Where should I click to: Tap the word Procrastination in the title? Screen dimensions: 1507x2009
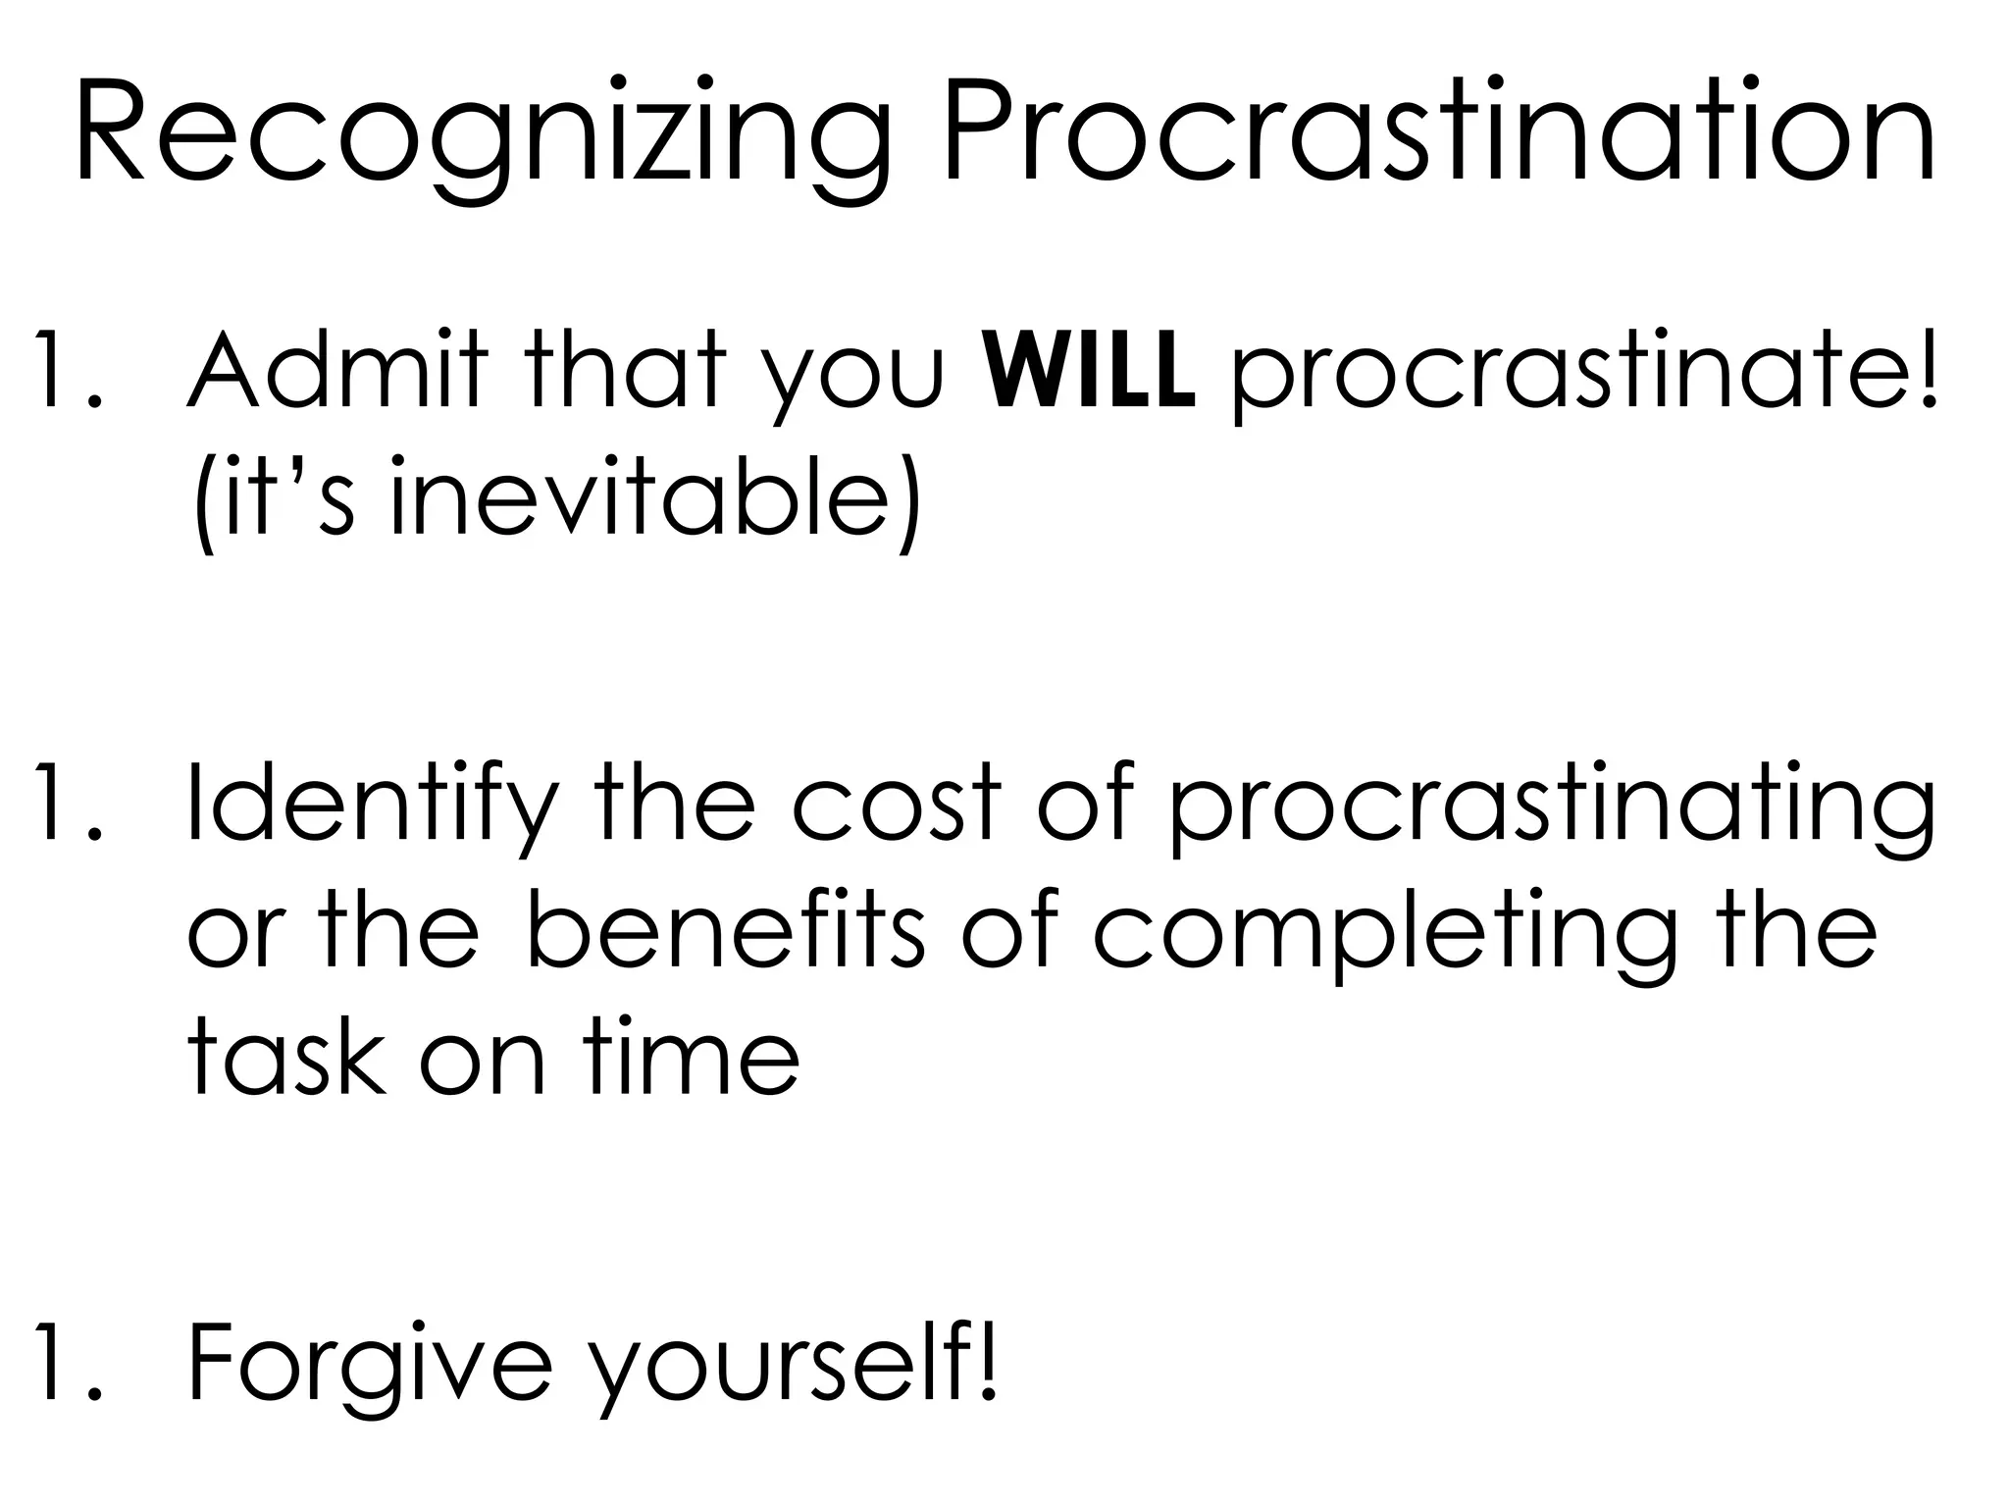(x=1438, y=137)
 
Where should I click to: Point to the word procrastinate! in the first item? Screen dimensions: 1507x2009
(x=1583, y=378)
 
